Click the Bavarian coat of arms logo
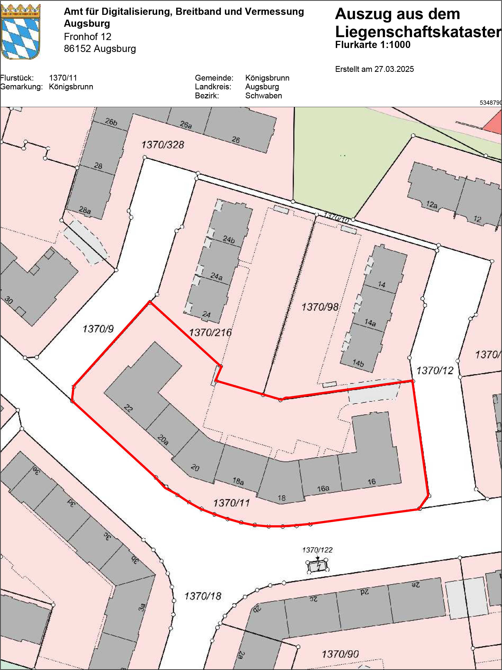(21, 32)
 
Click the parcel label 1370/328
(162, 145)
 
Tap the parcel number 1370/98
(320, 307)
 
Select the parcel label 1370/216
(210, 332)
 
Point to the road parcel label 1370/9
(98, 329)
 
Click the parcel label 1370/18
(203, 596)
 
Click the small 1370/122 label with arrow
(317, 550)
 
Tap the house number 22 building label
(128, 408)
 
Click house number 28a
(85, 210)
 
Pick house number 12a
(432, 205)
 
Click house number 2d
(364, 591)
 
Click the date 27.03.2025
(394, 69)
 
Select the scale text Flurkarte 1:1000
(372, 45)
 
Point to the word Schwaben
(263, 95)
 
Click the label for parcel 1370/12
(435, 370)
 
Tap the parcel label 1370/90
(340, 654)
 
